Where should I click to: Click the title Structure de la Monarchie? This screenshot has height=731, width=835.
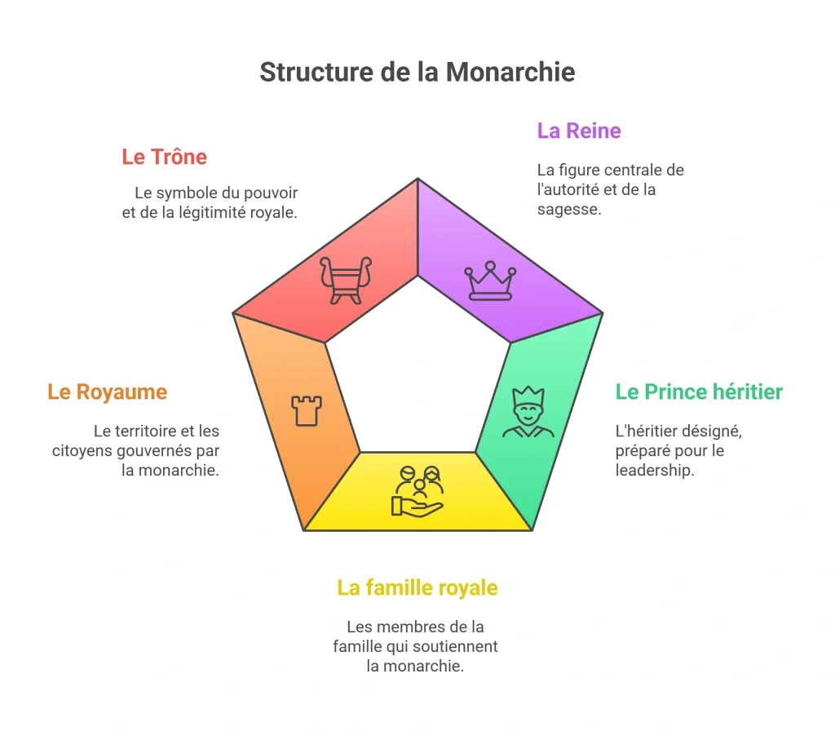click(417, 72)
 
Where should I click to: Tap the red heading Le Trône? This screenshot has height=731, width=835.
click(164, 157)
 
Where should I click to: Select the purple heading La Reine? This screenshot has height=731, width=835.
click(579, 131)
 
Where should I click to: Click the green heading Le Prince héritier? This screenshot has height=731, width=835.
click(699, 392)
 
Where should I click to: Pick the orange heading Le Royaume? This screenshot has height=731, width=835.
click(107, 392)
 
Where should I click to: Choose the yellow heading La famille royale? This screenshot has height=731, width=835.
click(417, 587)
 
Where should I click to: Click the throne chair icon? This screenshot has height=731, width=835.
click(346, 281)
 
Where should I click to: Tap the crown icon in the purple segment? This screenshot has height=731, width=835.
click(490, 281)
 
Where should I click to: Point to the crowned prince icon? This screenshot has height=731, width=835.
click(528, 412)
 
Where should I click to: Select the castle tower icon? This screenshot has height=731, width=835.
click(307, 410)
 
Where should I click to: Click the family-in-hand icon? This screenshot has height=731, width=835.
click(417, 491)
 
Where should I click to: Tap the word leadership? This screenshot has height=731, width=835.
click(655, 470)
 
